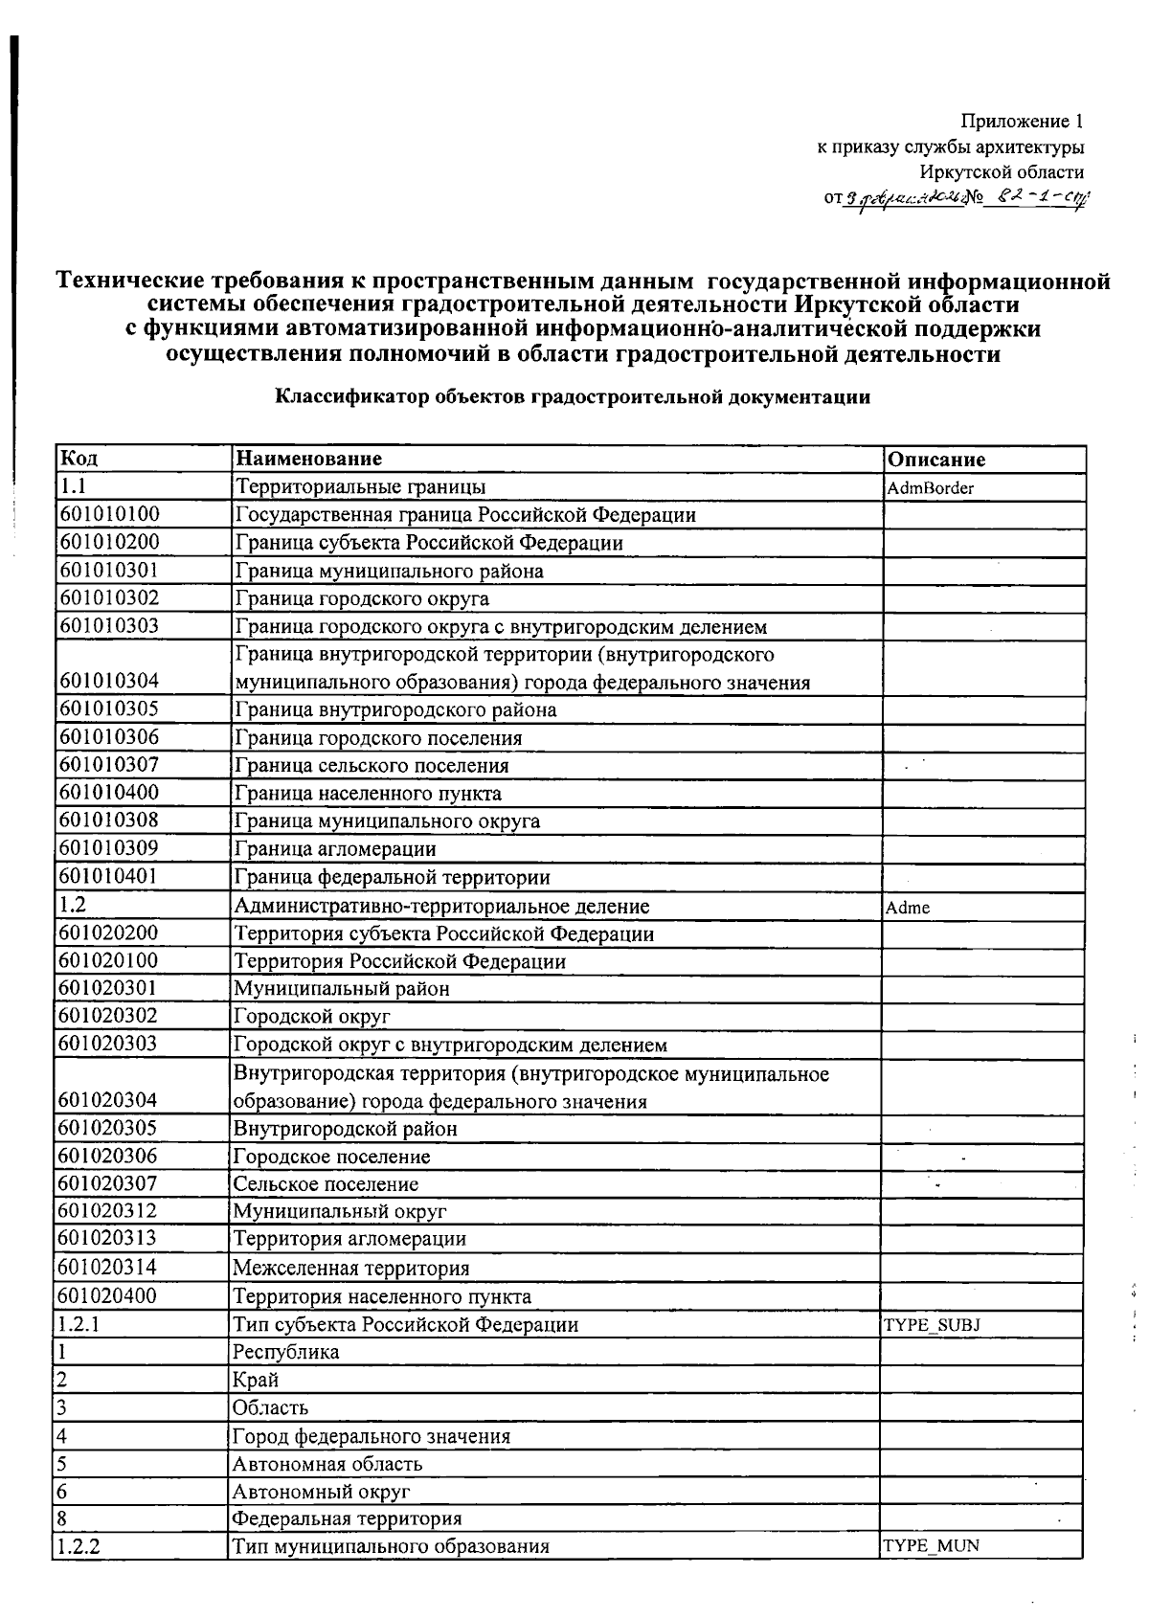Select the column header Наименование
point(308,459)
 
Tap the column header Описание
point(935,460)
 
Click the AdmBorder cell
point(930,488)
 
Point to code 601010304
point(108,682)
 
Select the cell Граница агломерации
point(335,849)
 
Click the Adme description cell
point(908,908)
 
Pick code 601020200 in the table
point(108,933)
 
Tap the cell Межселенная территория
point(351,1269)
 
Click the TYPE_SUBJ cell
point(931,1325)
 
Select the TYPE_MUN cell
point(930,1545)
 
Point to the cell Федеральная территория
point(347,1518)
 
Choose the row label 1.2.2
point(79,1546)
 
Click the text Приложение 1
point(1022,122)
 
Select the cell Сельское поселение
point(326,1184)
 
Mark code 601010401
point(108,877)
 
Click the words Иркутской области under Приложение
point(1002,172)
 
